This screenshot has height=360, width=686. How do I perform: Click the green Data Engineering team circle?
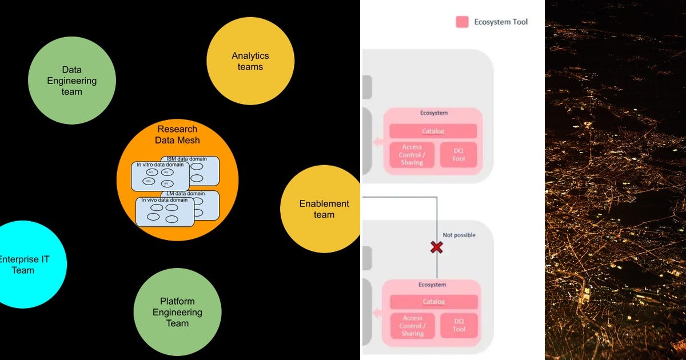[x=72, y=81]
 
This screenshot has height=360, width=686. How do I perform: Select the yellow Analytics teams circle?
[x=250, y=61]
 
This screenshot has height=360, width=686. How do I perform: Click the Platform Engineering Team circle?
[x=177, y=312]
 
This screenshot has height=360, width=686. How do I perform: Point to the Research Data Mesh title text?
[x=177, y=135]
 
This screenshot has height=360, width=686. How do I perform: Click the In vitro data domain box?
[x=159, y=177]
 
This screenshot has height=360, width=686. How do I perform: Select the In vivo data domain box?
[x=164, y=212]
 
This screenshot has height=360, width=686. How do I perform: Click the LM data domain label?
[x=189, y=194]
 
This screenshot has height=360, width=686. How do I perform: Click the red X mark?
[x=437, y=247]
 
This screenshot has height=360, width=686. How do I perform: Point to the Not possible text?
[x=458, y=235]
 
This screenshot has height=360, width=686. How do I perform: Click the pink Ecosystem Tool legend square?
[x=462, y=22]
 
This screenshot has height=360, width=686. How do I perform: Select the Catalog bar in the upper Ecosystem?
[x=433, y=131]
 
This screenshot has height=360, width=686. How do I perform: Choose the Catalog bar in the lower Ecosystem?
[x=433, y=302]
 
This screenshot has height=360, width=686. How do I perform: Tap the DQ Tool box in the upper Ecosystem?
[x=458, y=155]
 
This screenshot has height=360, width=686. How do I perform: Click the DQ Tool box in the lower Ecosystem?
[x=458, y=325]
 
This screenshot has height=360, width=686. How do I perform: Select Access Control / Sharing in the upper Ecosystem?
[x=412, y=155]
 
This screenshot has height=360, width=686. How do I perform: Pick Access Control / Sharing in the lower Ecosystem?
[x=412, y=325]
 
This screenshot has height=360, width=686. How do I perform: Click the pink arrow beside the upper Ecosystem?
[x=377, y=142]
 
